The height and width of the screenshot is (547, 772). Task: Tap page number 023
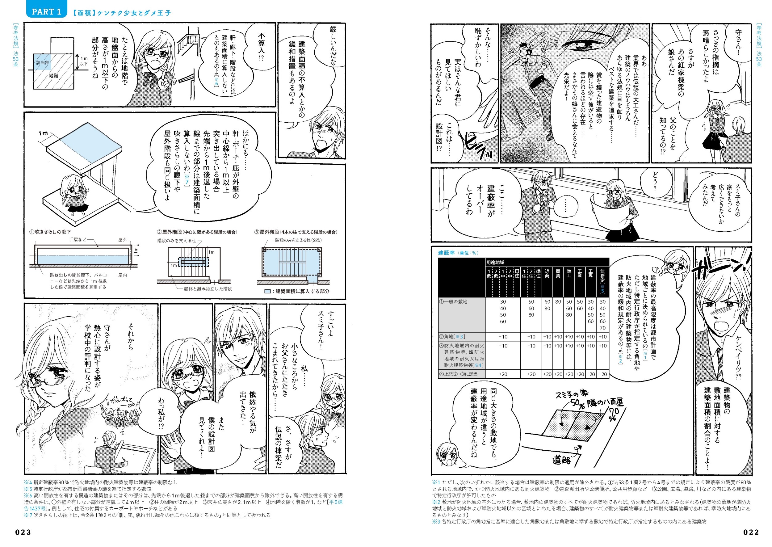[23, 532]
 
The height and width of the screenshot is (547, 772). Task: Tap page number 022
[751, 532]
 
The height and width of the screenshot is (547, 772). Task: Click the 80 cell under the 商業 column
[558, 302]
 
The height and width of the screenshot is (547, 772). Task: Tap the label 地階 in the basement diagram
[53, 76]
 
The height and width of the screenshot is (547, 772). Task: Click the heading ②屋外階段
[169, 232]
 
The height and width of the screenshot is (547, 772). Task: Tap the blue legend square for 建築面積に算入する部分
[267, 291]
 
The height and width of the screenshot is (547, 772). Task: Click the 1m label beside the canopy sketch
[43, 134]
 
